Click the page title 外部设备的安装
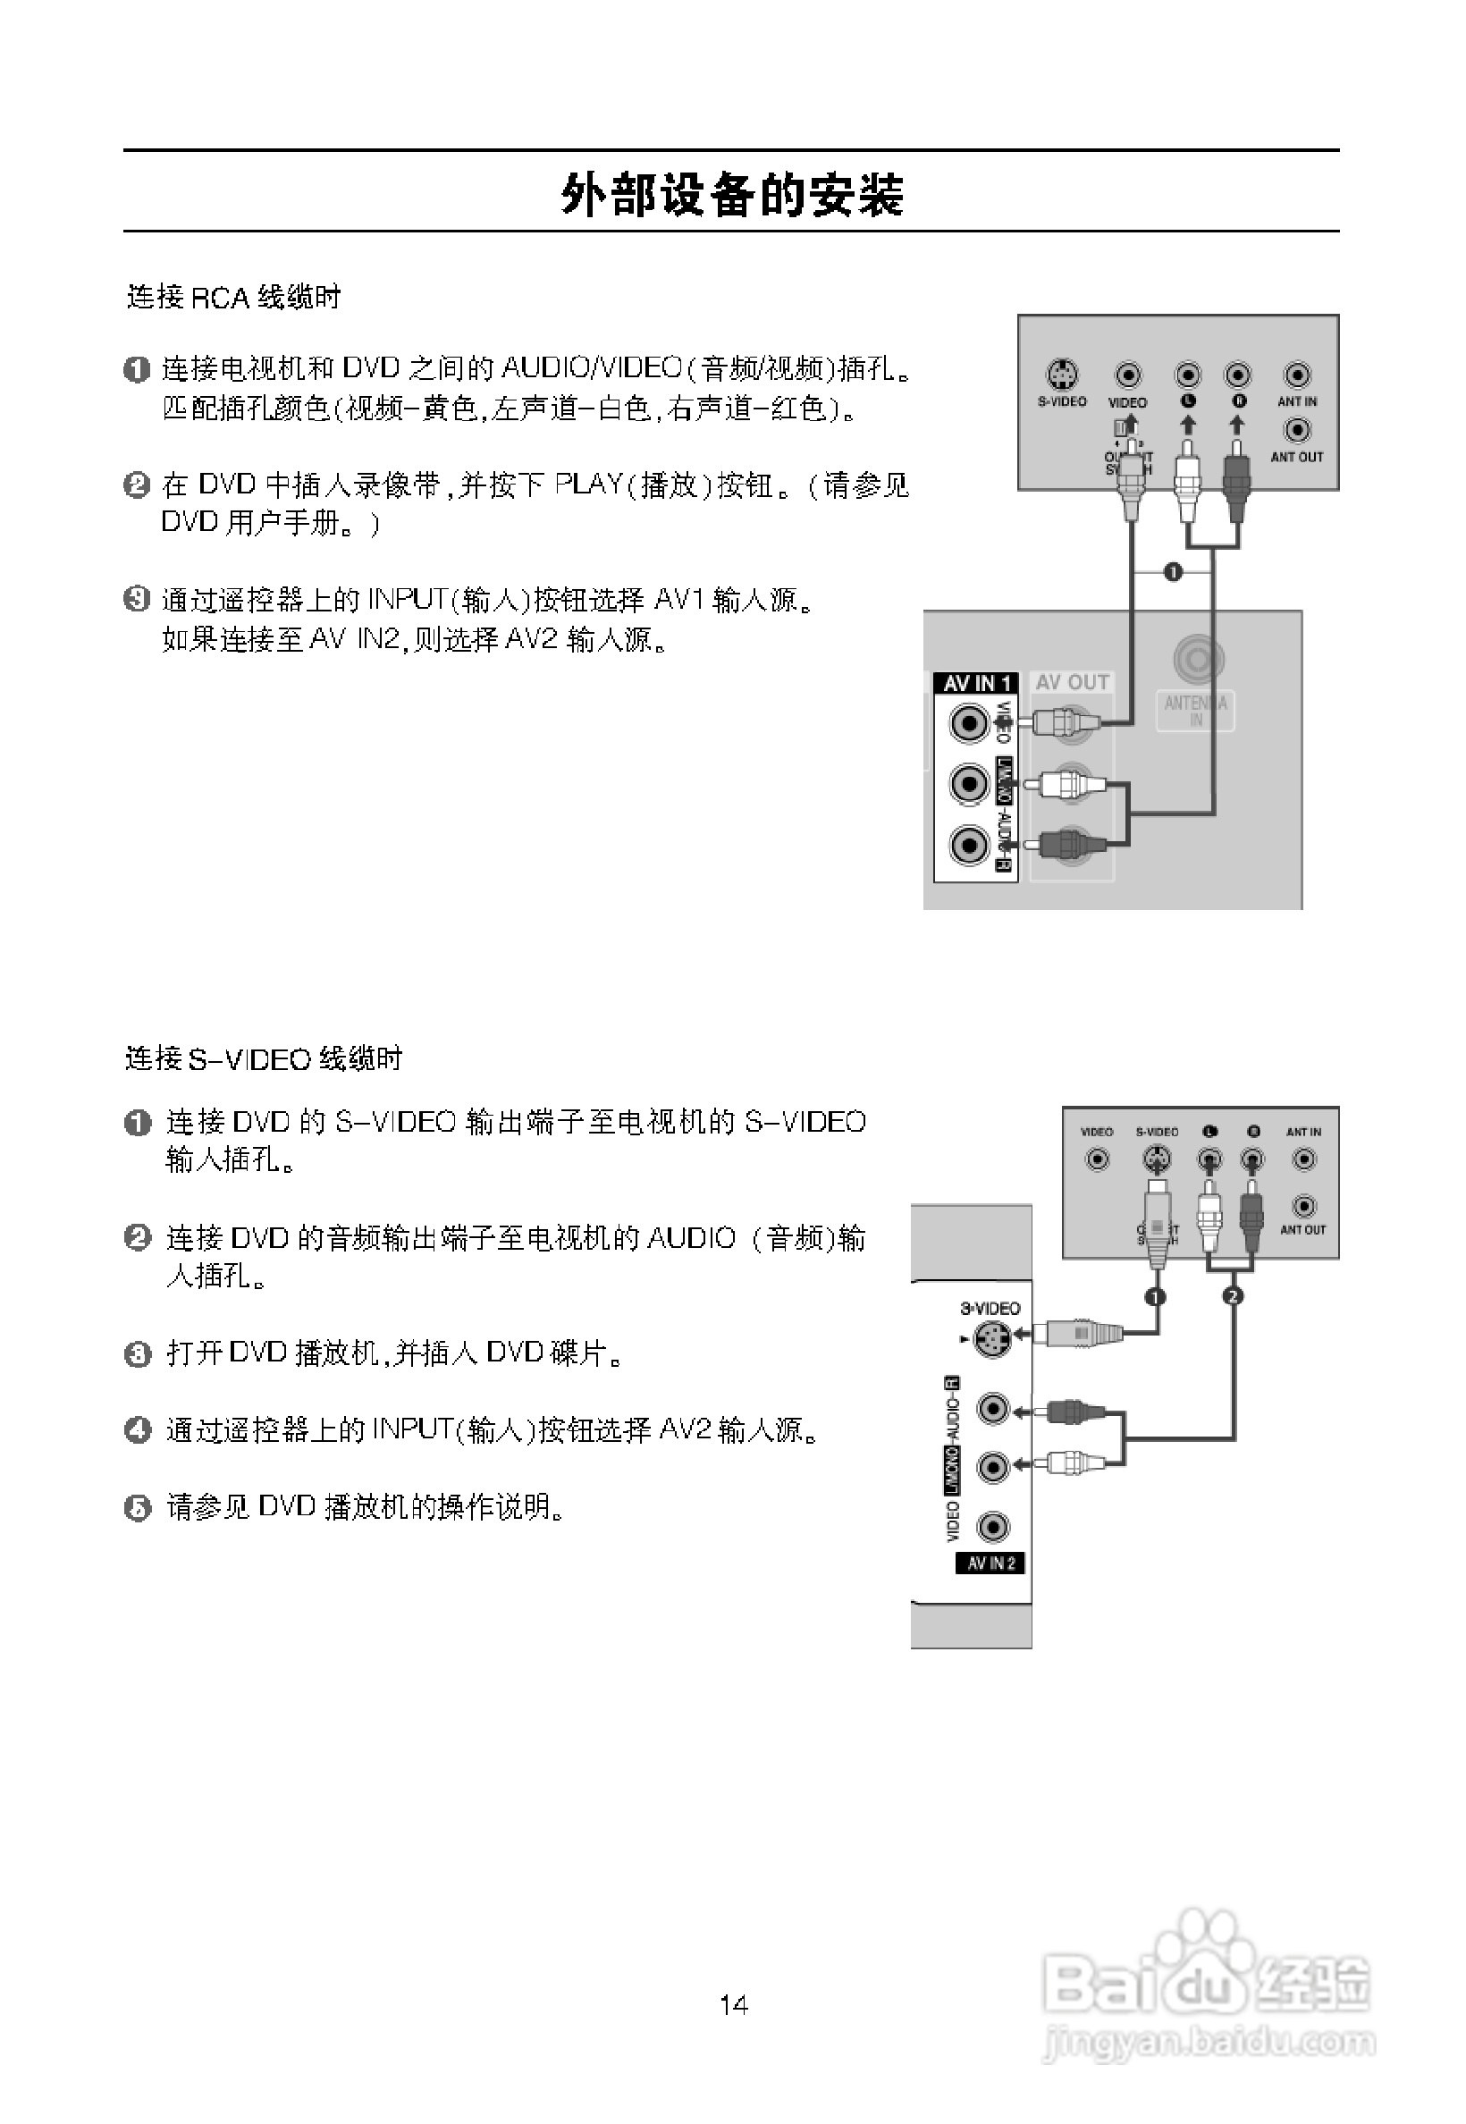[732, 195]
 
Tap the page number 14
[733, 2003]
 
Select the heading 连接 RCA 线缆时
[233, 297]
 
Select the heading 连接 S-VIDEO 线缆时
[264, 1058]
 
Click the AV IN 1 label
[975, 683]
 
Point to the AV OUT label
[1072, 682]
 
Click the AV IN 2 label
[990, 1563]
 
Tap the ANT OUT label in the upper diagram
[1296, 457]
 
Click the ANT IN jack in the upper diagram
[1296, 375]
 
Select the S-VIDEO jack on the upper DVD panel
[1062, 374]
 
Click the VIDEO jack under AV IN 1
[968, 723]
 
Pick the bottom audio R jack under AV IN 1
[968, 843]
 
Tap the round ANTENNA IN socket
[1198, 659]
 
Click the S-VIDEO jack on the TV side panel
[991, 1338]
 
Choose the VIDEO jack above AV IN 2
[992, 1526]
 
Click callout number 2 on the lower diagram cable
[1233, 1295]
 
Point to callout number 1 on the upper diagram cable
[1172, 571]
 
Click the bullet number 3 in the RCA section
[136, 599]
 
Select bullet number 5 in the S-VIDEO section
[137, 1507]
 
